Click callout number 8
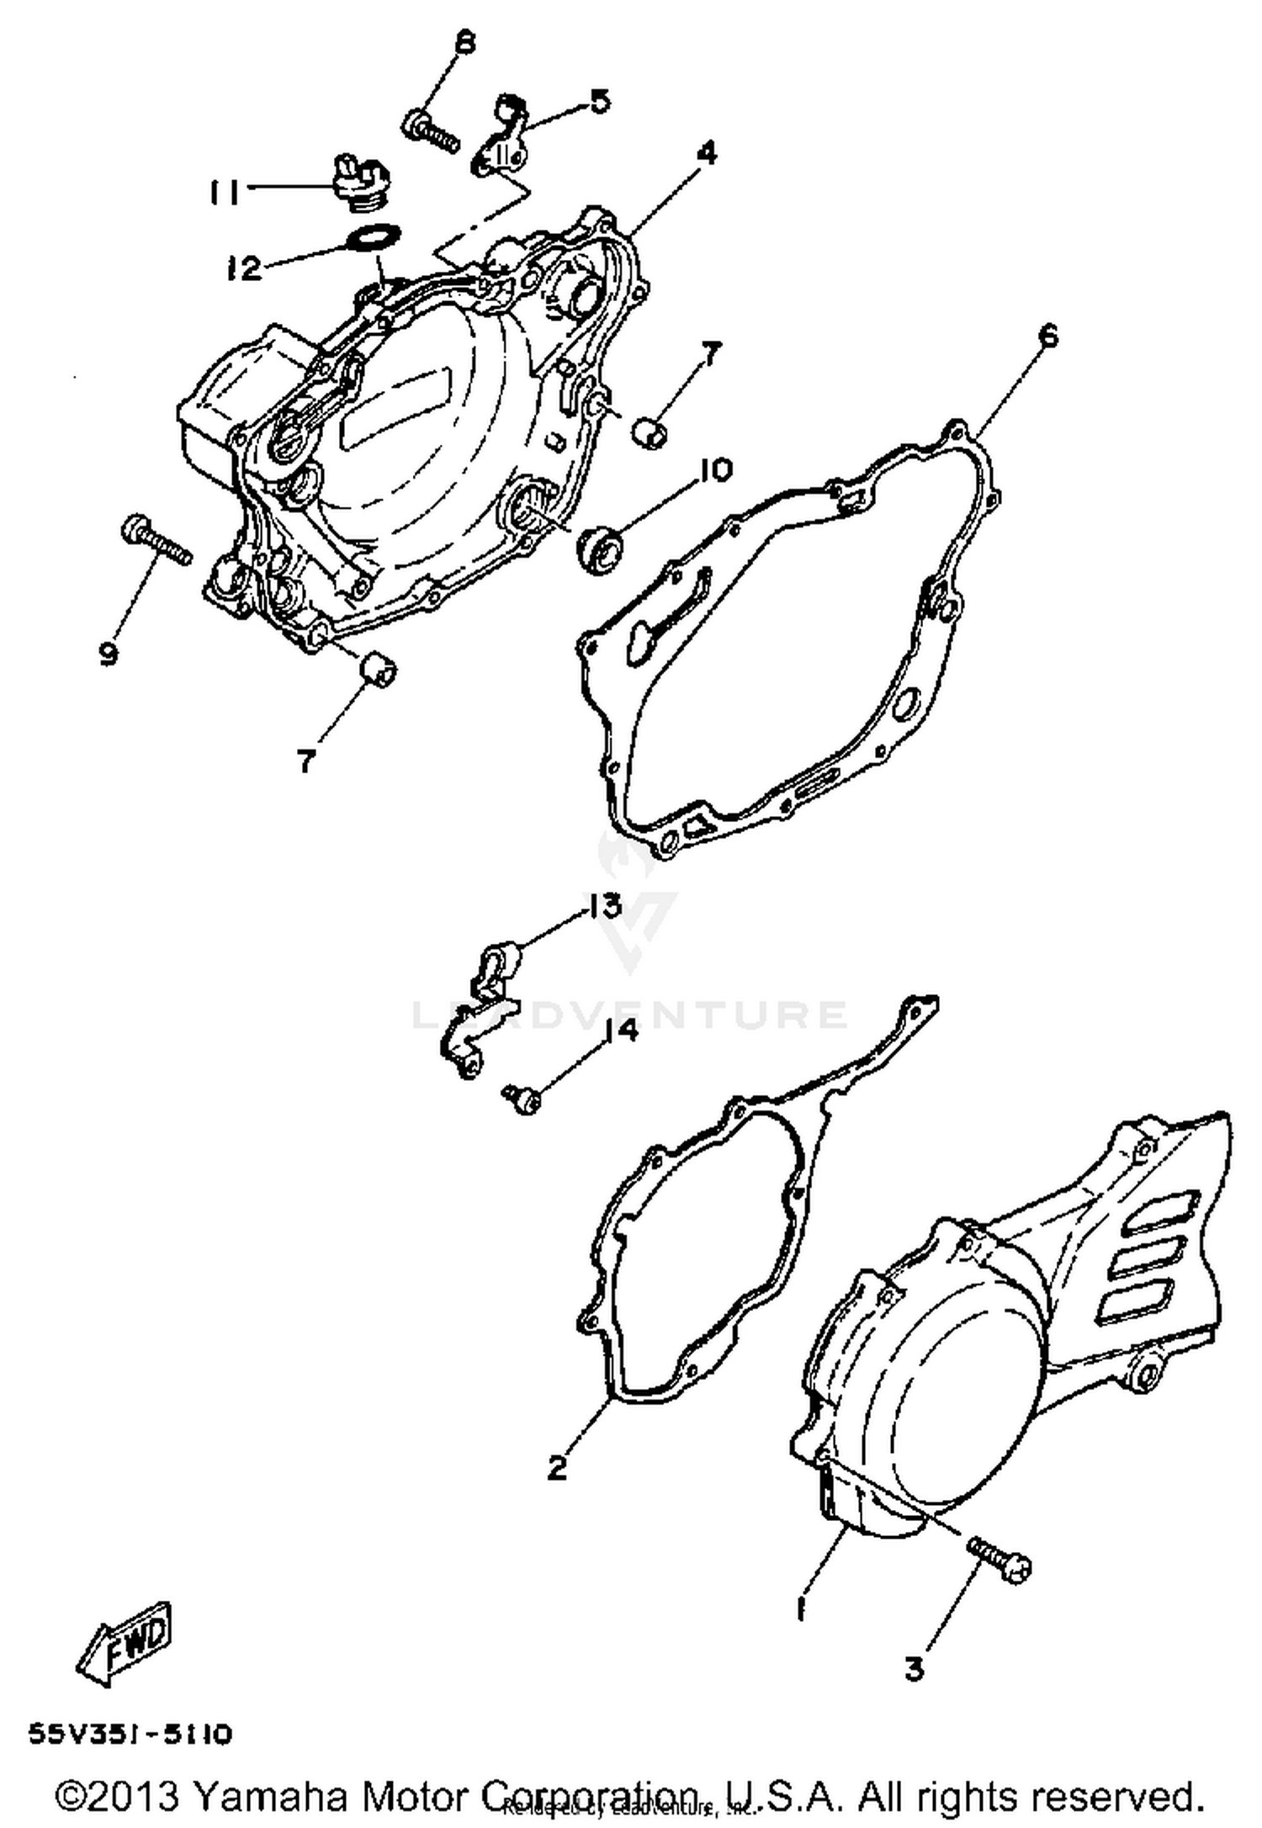(464, 42)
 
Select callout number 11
(223, 193)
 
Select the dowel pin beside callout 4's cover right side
(651, 431)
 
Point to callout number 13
(602, 906)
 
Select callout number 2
(557, 1466)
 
